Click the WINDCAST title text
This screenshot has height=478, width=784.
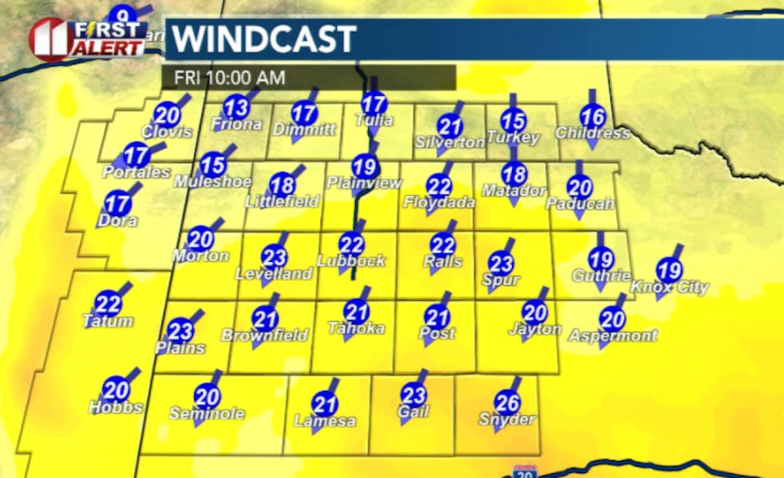[x=265, y=39]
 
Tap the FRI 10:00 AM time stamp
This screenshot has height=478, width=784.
[x=224, y=78]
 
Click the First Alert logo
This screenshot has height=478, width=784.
[x=88, y=38]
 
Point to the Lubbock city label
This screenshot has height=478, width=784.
[x=351, y=261]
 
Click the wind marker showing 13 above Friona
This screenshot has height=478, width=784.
[x=236, y=106]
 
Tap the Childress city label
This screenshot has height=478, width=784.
[x=592, y=133]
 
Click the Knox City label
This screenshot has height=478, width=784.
[x=670, y=287]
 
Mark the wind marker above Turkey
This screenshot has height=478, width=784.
[x=514, y=121]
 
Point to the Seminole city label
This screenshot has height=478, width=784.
[x=206, y=414]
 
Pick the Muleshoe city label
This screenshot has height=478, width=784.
[x=214, y=182]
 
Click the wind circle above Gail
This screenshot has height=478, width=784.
[x=414, y=395]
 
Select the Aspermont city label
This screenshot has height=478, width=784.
[x=613, y=335]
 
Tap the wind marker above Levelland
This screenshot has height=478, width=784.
[x=274, y=256]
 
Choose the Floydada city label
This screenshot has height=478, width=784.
[x=439, y=203]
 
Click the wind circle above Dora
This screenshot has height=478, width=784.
[x=118, y=203]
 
